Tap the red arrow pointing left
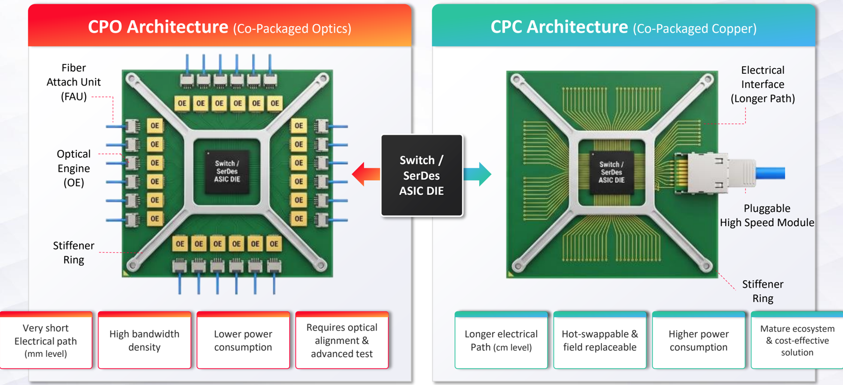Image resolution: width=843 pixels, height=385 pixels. [x=366, y=174]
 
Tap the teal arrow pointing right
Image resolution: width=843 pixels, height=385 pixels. [x=477, y=174]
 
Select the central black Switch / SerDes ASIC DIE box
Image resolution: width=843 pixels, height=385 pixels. [x=422, y=175]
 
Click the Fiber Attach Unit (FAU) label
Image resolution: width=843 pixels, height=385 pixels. [x=73, y=83]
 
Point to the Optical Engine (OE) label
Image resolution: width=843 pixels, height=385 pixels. [x=73, y=168]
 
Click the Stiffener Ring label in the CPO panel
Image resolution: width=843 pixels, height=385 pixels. [x=73, y=252]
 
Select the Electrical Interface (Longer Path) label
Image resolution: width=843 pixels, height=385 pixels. [x=762, y=84]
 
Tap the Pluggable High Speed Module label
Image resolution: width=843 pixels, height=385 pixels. [x=767, y=215]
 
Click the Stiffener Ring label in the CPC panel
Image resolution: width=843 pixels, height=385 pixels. [x=762, y=291]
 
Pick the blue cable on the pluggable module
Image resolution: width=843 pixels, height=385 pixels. [x=770, y=173]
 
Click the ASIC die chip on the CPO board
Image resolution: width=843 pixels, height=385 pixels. [x=227, y=172]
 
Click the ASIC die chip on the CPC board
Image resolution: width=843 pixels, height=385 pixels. [x=611, y=173]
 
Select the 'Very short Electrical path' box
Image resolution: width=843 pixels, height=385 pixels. [x=46, y=340]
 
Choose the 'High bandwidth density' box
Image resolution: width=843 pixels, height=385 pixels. [x=145, y=340]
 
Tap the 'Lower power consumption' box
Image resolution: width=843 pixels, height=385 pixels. [x=243, y=340]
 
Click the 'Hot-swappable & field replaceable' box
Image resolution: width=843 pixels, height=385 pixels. [x=600, y=340]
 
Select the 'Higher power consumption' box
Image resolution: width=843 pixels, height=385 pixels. [x=698, y=340]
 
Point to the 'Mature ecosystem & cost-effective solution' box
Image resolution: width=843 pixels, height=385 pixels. [x=797, y=340]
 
